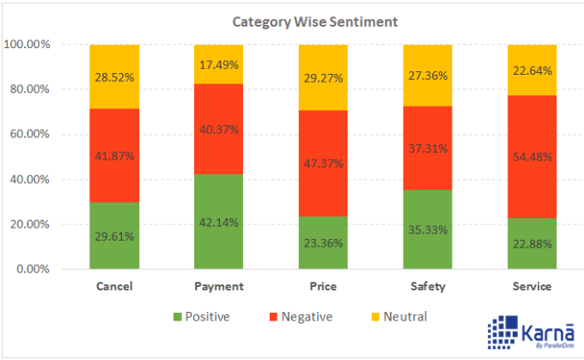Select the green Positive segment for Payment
point(219,222)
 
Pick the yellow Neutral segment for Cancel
point(115,76)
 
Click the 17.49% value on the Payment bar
point(219,64)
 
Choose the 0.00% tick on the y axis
point(32,269)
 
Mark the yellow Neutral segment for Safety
point(428,76)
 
